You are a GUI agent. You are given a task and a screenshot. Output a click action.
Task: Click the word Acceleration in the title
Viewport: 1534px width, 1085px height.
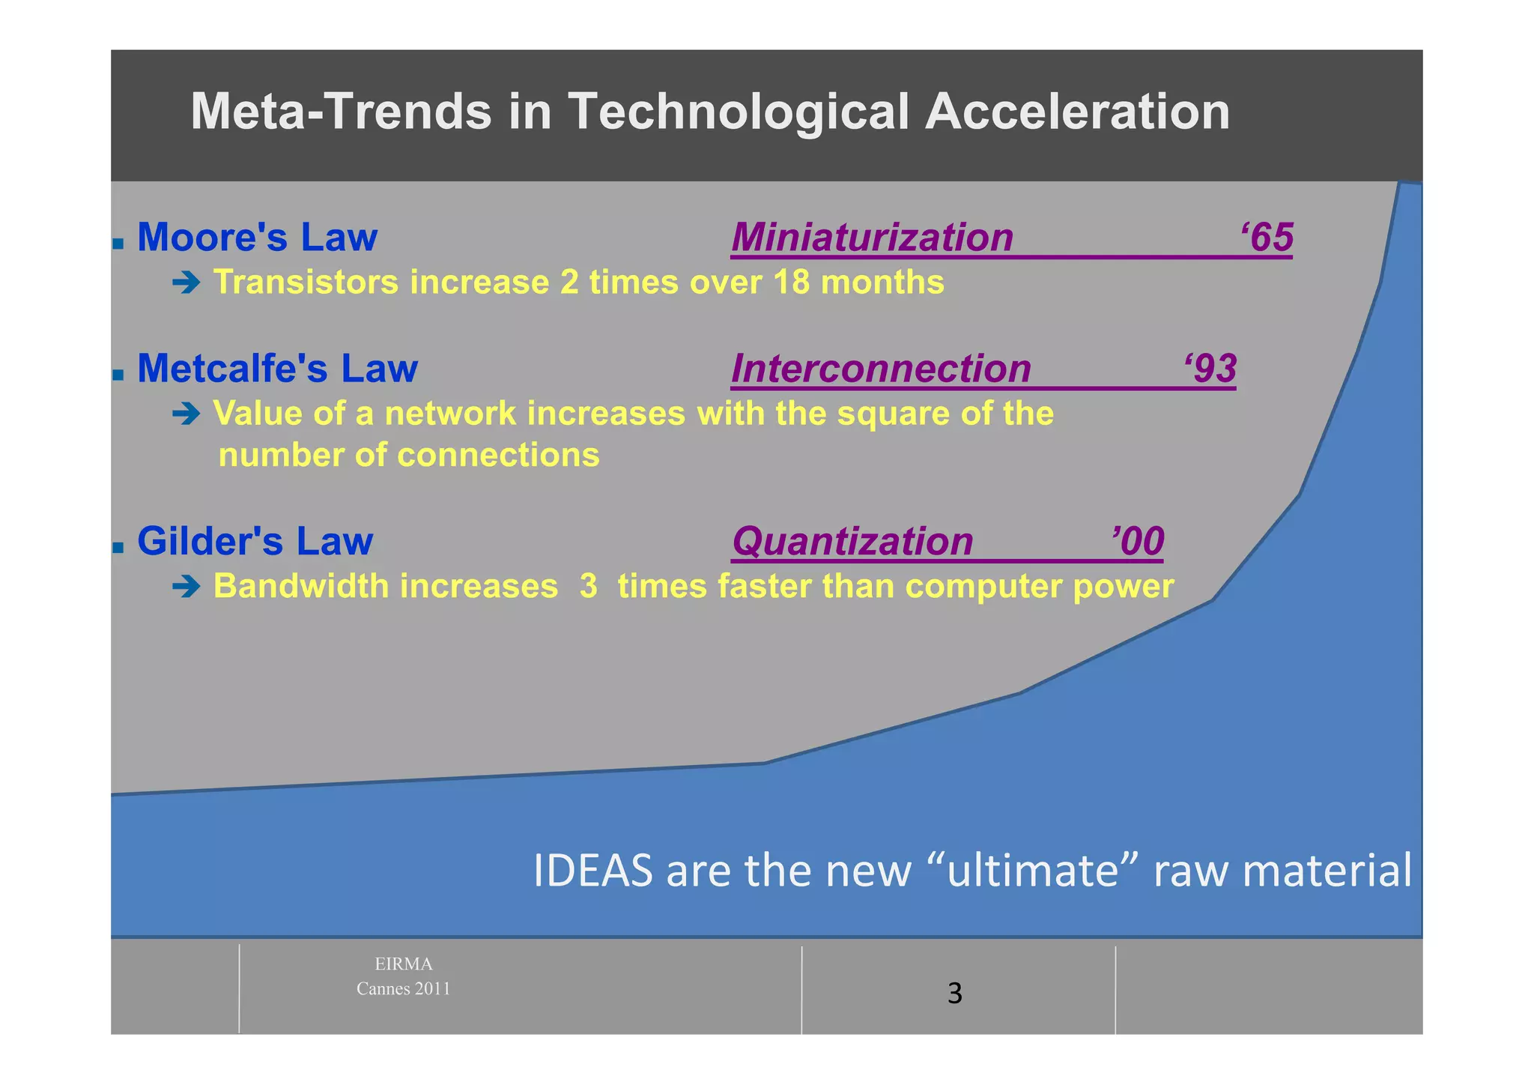1077,112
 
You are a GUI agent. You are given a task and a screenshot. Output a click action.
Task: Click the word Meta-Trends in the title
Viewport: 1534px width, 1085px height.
341,112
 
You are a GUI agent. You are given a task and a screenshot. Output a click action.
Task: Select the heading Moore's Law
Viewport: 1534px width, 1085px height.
257,238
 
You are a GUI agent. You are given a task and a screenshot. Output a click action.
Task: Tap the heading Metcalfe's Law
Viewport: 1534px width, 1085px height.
277,369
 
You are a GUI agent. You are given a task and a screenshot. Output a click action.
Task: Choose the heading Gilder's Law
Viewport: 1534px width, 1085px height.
255,541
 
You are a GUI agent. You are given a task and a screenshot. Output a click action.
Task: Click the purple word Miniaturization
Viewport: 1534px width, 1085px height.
872,238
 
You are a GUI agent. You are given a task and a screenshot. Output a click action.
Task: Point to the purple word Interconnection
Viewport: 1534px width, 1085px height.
881,369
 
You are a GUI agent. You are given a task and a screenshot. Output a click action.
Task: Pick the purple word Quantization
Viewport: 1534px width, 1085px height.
852,541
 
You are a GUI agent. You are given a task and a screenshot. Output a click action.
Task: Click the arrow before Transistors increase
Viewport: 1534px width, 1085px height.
186,282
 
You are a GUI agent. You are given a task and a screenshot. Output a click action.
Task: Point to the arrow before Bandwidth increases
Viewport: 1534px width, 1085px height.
186,586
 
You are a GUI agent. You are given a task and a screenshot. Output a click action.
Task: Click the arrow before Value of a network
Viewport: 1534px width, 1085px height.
186,414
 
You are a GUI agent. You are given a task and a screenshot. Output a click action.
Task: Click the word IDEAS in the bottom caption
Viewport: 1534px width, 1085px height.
592,871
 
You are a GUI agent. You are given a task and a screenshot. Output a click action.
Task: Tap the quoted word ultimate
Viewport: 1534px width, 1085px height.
1032,871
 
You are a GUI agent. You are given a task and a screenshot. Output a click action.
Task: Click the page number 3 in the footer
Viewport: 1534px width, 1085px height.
954,994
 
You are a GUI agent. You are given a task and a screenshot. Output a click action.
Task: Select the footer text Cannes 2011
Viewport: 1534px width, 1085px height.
403,988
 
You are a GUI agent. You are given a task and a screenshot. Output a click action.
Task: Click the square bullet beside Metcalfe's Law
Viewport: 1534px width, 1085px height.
118,374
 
